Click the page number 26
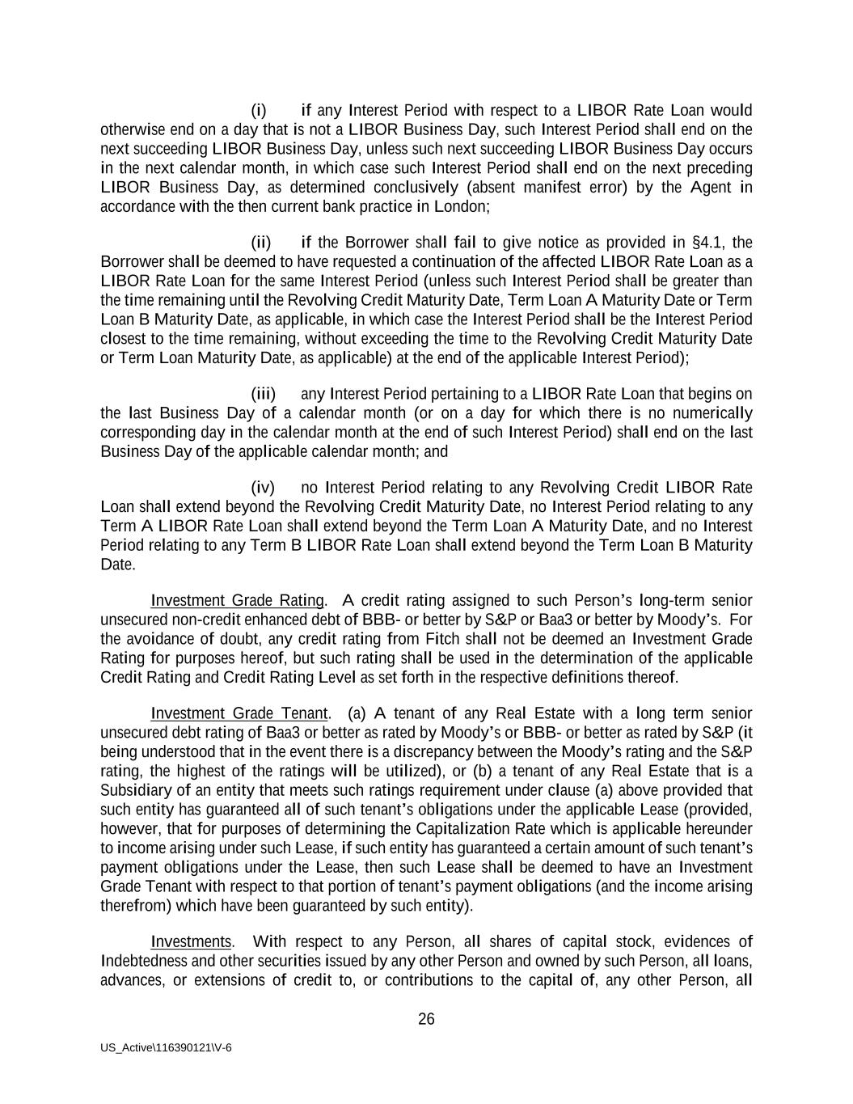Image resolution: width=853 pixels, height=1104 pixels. click(x=426, y=1019)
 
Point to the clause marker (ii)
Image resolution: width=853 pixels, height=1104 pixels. click(x=260, y=243)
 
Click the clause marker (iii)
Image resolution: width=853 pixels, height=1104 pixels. click(x=263, y=394)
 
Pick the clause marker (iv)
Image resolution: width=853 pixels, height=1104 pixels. click(x=263, y=488)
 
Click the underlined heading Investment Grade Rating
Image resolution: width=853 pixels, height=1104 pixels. click(x=237, y=600)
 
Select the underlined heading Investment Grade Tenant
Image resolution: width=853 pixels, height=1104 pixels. click(x=239, y=713)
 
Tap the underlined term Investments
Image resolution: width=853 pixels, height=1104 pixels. click(x=191, y=942)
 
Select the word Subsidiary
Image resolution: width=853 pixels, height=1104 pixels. click(x=136, y=790)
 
